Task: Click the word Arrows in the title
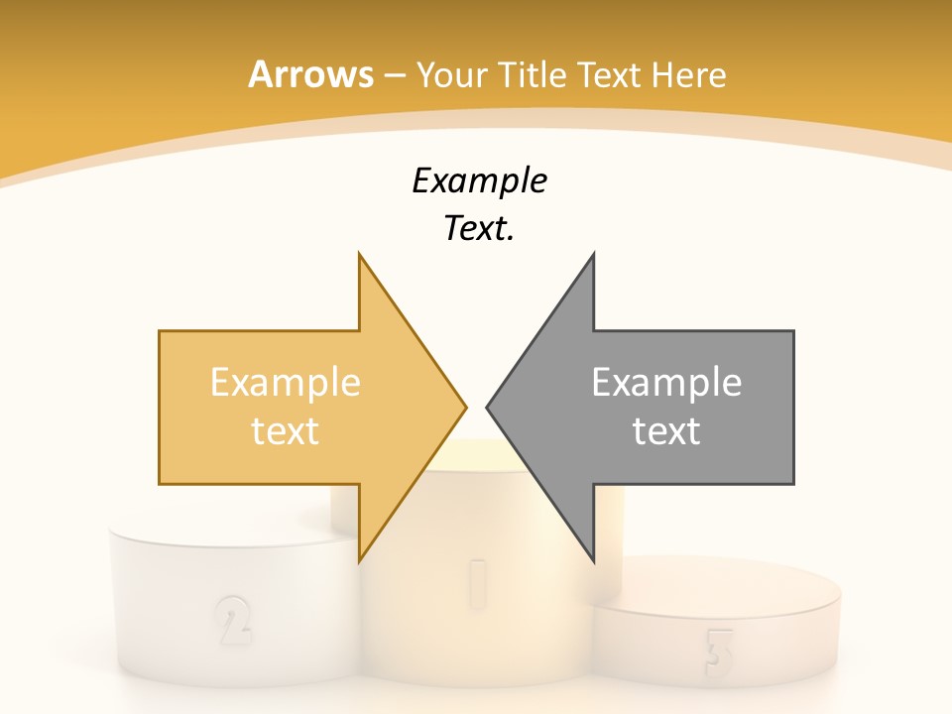[x=310, y=74]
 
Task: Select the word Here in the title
[x=688, y=74]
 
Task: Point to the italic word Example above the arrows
[x=479, y=180]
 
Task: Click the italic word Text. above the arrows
[x=479, y=228]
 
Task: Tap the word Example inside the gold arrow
[x=285, y=382]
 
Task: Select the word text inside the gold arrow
[x=285, y=430]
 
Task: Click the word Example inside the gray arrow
[x=666, y=382]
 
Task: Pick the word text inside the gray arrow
[x=666, y=430]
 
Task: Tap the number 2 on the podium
[x=232, y=621]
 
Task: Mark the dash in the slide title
[x=394, y=75]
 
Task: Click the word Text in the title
[x=605, y=74]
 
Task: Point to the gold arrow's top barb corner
[x=359, y=254]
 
